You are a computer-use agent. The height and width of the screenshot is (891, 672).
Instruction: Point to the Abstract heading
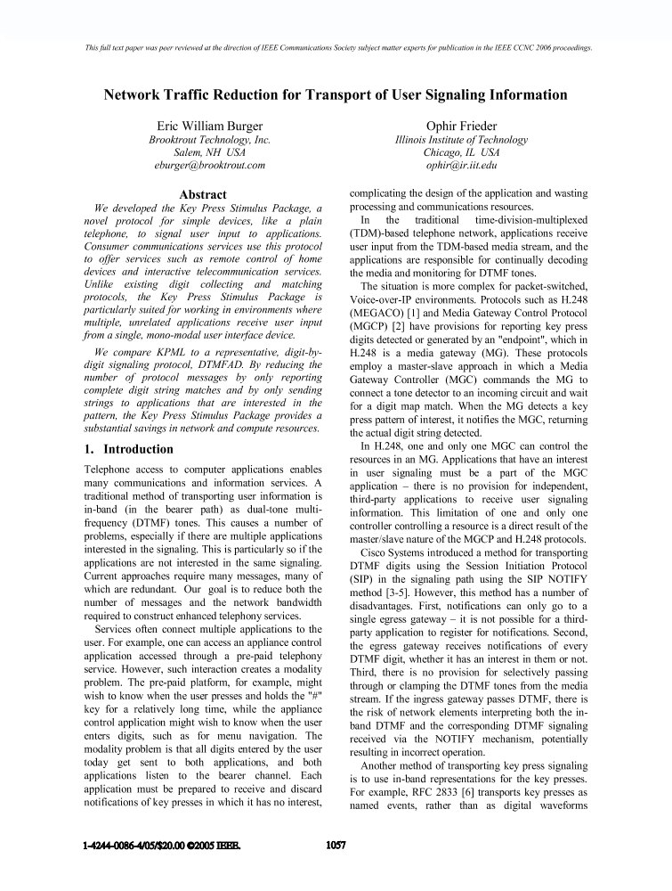point(203,194)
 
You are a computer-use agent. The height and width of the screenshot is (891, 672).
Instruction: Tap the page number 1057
point(336,844)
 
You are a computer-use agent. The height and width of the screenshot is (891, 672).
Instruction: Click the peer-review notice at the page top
point(336,47)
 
